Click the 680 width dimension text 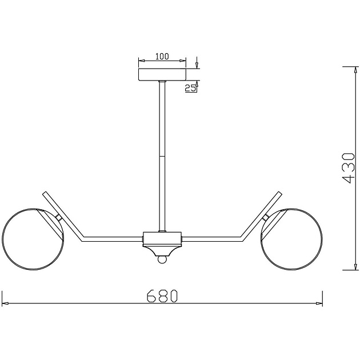tap(162, 295)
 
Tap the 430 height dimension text tap(349, 168)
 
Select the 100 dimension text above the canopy tap(162, 56)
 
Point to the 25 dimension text tap(190, 88)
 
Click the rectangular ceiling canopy tap(162, 75)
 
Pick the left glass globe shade tap(33, 239)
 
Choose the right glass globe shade tap(291, 239)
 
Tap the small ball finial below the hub tap(162, 259)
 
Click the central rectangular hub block tap(162, 239)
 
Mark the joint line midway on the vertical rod tap(162, 157)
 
